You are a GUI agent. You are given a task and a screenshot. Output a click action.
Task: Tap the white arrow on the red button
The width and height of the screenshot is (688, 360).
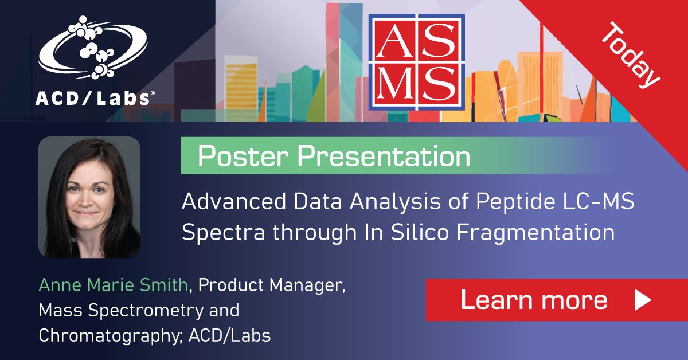pos(643,300)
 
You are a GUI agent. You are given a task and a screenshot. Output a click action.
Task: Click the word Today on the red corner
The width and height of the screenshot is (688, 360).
pos(631,55)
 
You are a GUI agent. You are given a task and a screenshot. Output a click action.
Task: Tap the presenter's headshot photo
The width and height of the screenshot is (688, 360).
pos(89,197)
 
